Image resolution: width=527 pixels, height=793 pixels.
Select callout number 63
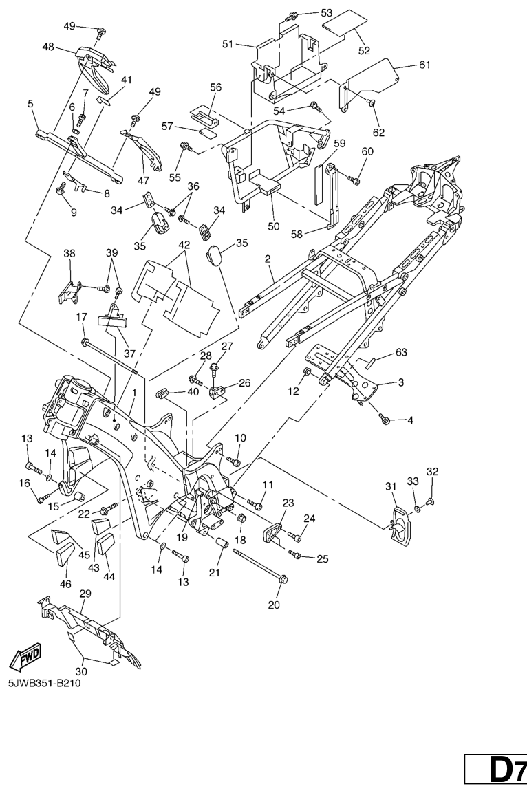(400, 353)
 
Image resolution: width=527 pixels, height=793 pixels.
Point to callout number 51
(227, 43)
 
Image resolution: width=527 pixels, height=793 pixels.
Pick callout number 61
(424, 65)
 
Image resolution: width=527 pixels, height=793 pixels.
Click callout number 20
(273, 607)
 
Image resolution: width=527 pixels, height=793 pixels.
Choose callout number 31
(391, 487)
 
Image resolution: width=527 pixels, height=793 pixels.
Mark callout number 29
(85, 592)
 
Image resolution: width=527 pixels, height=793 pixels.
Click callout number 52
(363, 50)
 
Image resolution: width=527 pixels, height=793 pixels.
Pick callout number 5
(30, 104)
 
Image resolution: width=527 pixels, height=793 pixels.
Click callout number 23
(288, 502)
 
